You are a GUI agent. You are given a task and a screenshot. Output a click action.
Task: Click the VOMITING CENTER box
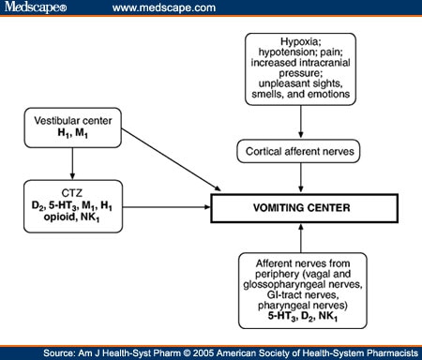click(x=299, y=207)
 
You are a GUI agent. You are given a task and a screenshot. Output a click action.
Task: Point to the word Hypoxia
click(x=299, y=43)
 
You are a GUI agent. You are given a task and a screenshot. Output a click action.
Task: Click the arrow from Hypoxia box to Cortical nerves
click(x=300, y=120)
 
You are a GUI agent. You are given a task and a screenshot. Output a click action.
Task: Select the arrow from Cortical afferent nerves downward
click(x=300, y=178)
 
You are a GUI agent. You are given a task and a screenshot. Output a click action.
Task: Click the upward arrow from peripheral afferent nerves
click(x=300, y=235)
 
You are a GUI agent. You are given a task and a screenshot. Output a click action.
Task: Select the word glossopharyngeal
click(x=292, y=284)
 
